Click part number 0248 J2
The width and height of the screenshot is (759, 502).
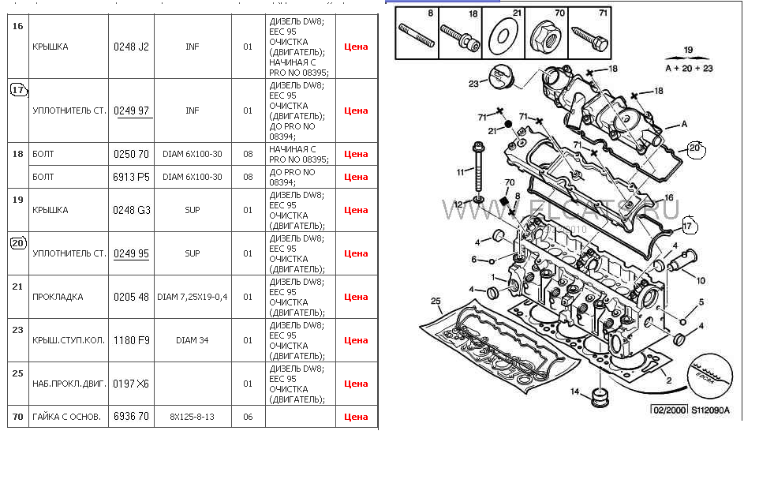[131, 47]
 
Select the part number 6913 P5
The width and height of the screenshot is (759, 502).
[131, 177]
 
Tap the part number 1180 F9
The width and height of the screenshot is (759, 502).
[131, 340]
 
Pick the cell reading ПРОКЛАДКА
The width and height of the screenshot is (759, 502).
[58, 297]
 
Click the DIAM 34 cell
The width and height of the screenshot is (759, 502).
[192, 340]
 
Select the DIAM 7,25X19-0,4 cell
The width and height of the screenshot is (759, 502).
[192, 297]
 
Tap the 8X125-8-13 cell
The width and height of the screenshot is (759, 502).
[192, 417]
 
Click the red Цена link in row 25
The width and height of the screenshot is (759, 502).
[356, 384]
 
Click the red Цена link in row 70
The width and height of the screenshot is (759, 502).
[356, 417]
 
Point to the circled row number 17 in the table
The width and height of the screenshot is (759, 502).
[18, 90]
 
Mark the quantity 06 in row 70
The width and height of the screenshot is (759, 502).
[248, 417]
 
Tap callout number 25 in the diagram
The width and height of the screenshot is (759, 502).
[435, 301]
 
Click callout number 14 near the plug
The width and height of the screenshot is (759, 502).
[575, 391]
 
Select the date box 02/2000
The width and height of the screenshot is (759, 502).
[667, 410]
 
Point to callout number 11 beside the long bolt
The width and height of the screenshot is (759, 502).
[461, 172]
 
